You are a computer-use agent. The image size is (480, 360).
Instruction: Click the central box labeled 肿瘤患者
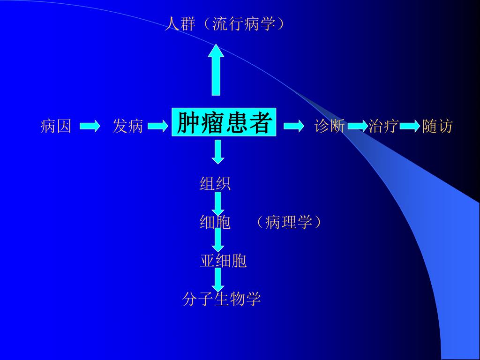point(224,123)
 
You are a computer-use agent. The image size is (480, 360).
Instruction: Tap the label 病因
point(56,126)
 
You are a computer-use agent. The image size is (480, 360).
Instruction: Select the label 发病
point(127,126)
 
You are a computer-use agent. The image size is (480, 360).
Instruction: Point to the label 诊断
point(330,126)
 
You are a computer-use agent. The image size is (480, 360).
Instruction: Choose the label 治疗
point(383,126)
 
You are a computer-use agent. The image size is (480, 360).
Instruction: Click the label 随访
point(437,126)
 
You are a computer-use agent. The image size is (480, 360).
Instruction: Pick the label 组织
point(216,183)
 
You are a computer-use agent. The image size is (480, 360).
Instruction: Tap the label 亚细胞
point(223,261)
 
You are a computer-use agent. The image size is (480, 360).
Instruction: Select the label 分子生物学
point(221,299)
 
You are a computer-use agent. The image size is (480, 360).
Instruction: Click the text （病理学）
point(288,222)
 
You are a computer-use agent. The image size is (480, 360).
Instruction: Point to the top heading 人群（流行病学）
point(224,23)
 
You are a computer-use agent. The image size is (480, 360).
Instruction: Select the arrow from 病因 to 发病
point(90,126)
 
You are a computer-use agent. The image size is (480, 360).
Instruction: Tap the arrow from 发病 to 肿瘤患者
point(157,126)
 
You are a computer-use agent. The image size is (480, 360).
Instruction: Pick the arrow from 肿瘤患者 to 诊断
point(294,126)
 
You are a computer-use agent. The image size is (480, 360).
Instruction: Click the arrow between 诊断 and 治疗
point(357,126)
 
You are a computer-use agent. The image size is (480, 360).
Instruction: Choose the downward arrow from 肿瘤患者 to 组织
point(217,151)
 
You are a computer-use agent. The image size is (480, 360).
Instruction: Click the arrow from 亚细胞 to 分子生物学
point(217,279)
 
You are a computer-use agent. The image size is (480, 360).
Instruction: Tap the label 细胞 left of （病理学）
point(216,222)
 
